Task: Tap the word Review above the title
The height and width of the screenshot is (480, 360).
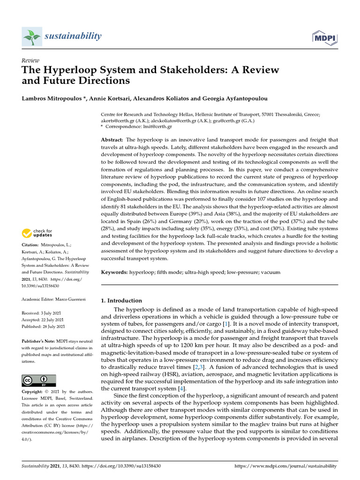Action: [x=30, y=60]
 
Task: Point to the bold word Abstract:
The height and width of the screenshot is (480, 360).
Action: [x=112, y=140]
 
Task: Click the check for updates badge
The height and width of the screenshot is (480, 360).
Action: [x=38, y=232]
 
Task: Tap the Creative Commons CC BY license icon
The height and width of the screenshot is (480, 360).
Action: [x=39, y=380]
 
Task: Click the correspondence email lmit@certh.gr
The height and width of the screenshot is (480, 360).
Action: [x=158, y=127]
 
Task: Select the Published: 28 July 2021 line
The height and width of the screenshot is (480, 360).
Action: [x=44, y=326]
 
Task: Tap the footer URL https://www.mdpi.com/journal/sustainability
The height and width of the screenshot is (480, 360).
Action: [x=285, y=466]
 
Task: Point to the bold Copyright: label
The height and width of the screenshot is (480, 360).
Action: [x=34, y=391]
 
